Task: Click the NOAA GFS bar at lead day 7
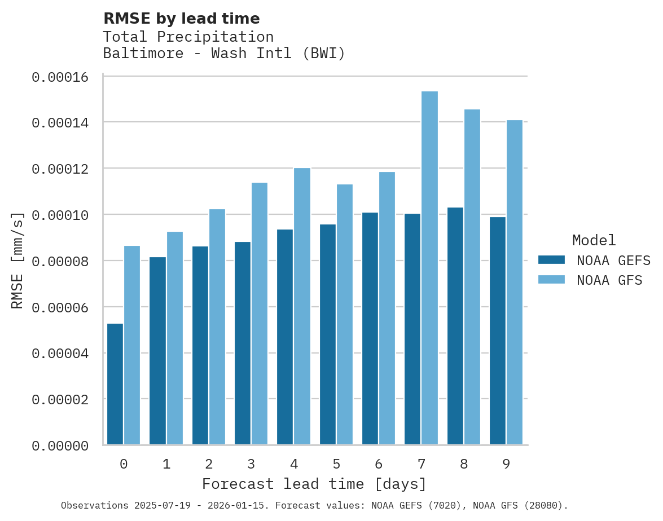[x=429, y=268]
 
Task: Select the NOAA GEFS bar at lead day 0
[x=115, y=384]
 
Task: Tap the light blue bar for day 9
[x=515, y=282]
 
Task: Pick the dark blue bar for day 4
[x=285, y=337]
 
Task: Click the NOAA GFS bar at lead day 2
[x=217, y=326]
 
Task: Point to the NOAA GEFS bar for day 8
[x=455, y=326]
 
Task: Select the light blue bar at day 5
[x=345, y=314]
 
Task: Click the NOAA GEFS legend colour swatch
[x=552, y=260]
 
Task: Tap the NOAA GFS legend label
[x=609, y=280]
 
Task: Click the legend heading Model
[x=594, y=240]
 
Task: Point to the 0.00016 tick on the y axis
[x=60, y=77]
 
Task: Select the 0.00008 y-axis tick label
[x=60, y=262]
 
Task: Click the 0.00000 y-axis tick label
[x=60, y=446]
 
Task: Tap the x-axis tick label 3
[x=251, y=464]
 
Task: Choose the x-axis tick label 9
[x=506, y=464]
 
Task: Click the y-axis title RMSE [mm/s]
[x=17, y=260]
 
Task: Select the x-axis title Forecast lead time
[x=314, y=484]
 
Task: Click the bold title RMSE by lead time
[x=182, y=19]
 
